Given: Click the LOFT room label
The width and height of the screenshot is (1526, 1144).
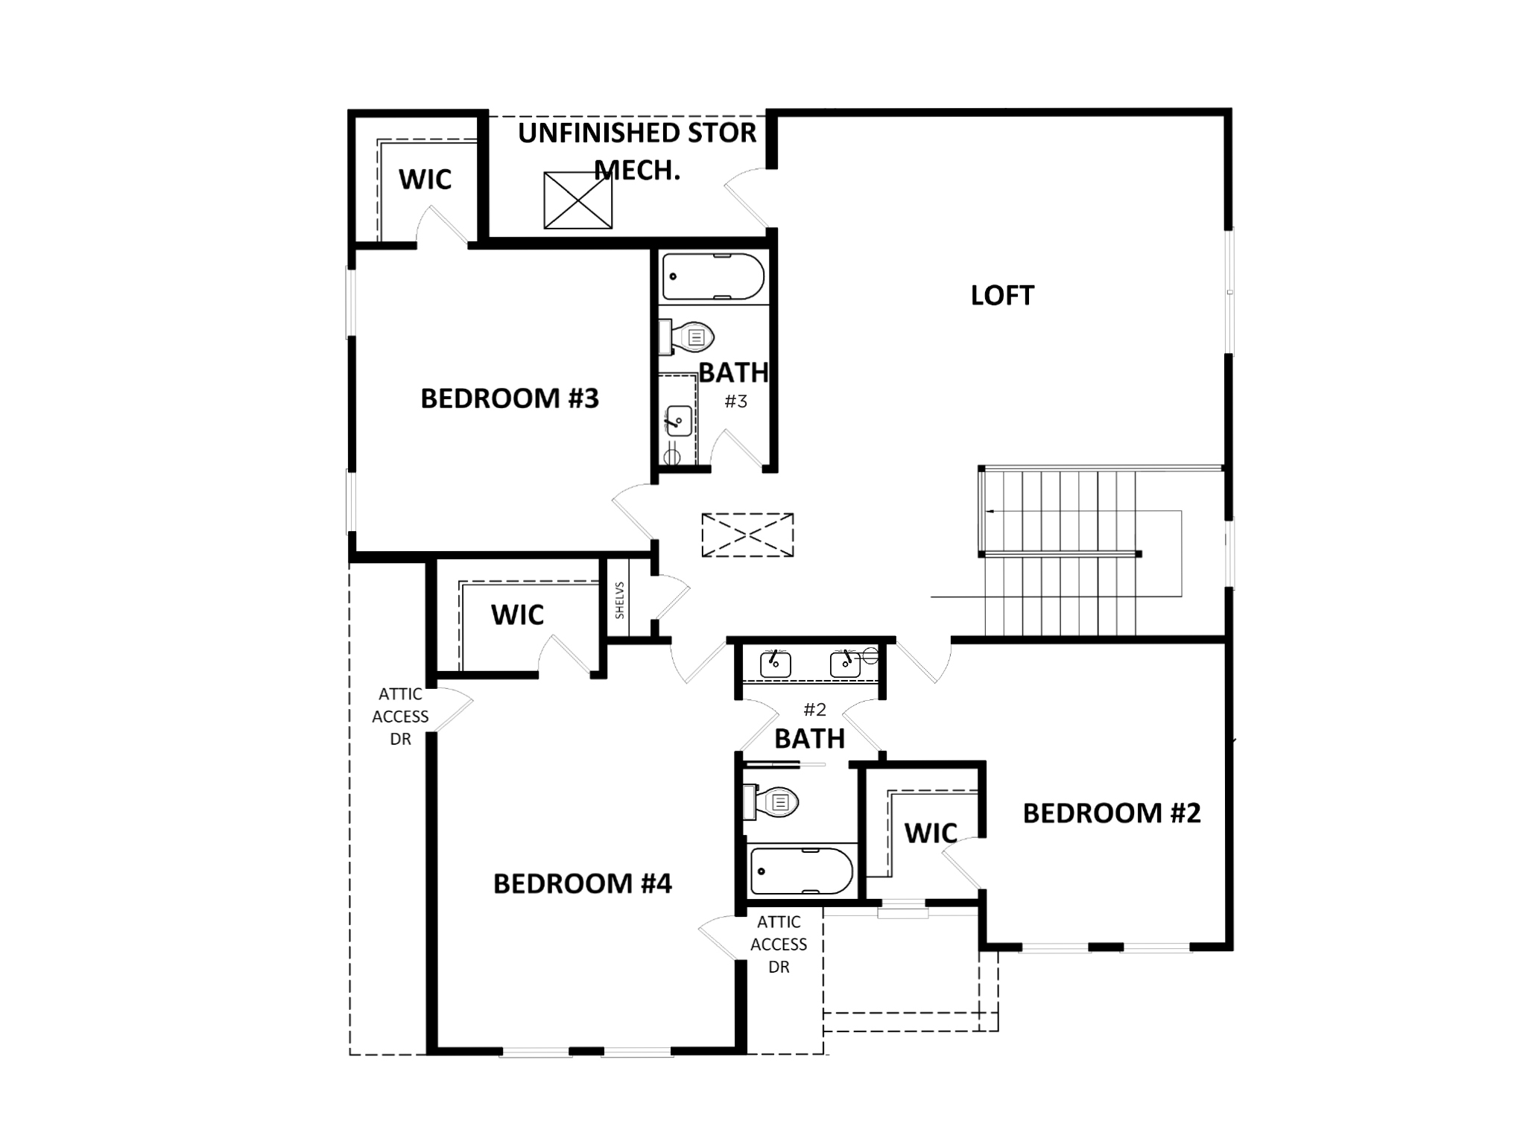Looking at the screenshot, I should point(1002,296).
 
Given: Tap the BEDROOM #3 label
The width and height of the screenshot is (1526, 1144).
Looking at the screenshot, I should point(510,398).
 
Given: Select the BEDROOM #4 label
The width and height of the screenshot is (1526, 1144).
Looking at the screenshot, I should point(582,883).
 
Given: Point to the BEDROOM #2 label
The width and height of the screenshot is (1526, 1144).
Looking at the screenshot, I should point(1111,813).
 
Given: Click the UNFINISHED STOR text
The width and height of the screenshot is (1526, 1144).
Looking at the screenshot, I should point(637,133).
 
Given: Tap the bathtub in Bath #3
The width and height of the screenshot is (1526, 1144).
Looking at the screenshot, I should point(713,276).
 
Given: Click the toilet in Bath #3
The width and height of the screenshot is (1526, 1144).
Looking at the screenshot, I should point(689,337).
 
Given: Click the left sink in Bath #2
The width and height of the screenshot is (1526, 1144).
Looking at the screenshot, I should point(775,662).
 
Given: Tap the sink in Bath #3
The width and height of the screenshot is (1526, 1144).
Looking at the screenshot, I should point(678,421).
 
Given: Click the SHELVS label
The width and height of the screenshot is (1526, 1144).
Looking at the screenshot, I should point(619,600).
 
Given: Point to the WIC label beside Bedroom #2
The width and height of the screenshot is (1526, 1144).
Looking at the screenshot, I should point(931,833).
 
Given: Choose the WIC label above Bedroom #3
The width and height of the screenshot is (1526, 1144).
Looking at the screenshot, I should point(425,179).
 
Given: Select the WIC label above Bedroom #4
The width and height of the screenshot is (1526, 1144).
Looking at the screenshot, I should point(517,615).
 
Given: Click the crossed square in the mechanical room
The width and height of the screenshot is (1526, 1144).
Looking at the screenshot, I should point(577,200).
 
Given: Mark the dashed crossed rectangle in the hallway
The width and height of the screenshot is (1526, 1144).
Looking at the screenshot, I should point(747,535).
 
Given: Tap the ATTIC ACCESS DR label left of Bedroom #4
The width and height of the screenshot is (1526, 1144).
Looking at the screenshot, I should point(400,716).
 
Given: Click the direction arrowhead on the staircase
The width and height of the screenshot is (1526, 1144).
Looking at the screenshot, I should point(990,512).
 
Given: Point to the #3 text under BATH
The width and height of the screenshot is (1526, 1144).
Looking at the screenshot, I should point(735,401).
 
